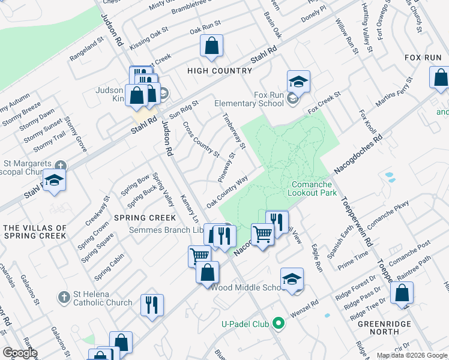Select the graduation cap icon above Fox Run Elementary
pyautogui.click(x=298, y=81)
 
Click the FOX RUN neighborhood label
pyautogui.click(x=423, y=58)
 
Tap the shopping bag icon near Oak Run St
pyautogui.click(x=211, y=46)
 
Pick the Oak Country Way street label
pyautogui.click(x=228, y=192)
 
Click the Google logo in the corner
pyautogui.click(x=19, y=353)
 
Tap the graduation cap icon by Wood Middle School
pyautogui.click(x=292, y=279)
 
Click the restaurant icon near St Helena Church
pyautogui.click(x=152, y=305)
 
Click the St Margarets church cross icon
pyautogui.click(x=60, y=165)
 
